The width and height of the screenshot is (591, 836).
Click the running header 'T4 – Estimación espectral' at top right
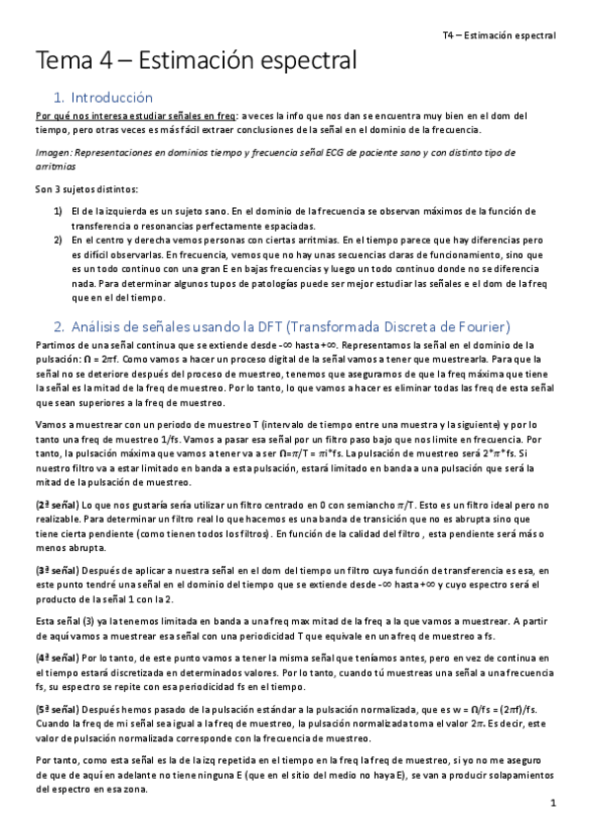coord(499,35)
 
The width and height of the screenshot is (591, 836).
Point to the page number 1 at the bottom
coord(555,804)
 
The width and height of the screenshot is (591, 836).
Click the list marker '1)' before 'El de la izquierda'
coord(58,211)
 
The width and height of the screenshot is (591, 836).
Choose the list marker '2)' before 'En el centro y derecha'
coord(58,239)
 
